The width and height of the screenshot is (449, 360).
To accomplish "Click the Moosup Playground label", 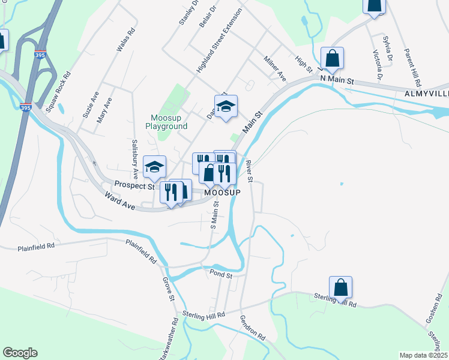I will [166, 122].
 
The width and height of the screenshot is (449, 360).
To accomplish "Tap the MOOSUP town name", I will [222, 193].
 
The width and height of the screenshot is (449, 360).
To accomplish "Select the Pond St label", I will [221, 274].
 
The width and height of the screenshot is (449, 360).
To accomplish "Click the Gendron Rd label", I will [253, 329].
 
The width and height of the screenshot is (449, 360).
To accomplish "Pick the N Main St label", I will [338, 80].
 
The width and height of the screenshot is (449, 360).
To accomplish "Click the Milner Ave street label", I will [275, 68].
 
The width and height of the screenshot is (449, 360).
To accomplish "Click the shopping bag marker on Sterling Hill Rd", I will [340, 287].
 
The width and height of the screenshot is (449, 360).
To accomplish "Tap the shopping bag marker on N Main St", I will [332, 58].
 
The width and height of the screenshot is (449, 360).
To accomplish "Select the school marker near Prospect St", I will [154, 167].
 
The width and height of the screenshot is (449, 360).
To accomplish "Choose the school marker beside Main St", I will [226, 106].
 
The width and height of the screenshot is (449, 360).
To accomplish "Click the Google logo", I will [20, 353].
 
